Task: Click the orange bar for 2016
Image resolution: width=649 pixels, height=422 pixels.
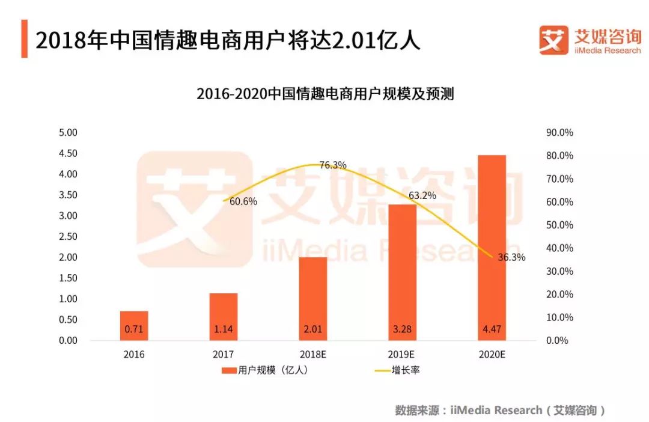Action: (x=134, y=325)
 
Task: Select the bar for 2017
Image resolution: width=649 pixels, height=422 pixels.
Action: (x=224, y=316)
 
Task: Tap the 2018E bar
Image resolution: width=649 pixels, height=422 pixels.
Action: (x=312, y=298)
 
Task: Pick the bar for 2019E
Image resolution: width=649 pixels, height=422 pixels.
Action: (x=402, y=272)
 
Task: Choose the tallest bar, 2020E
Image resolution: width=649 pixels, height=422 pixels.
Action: (x=491, y=247)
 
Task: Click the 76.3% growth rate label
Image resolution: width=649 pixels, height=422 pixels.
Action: (x=332, y=165)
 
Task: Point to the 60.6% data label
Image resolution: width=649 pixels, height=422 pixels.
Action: (x=243, y=201)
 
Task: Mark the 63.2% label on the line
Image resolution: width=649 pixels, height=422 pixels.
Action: (x=422, y=195)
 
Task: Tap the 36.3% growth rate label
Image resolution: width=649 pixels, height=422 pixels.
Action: (x=511, y=257)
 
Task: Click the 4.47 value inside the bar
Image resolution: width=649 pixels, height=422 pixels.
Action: (x=491, y=329)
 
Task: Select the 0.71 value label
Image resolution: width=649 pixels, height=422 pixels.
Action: (x=134, y=329)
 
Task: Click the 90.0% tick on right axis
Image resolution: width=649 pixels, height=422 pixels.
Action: (x=559, y=132)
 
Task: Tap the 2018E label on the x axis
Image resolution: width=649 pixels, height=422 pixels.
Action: (x=312, y=354)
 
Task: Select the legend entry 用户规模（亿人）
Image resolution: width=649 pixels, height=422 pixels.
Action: (x=265, y=370)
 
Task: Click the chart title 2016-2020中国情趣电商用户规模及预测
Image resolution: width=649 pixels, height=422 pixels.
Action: (x=324, y=94)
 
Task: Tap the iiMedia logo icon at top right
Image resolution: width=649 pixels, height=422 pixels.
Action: (x=553, y=40)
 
